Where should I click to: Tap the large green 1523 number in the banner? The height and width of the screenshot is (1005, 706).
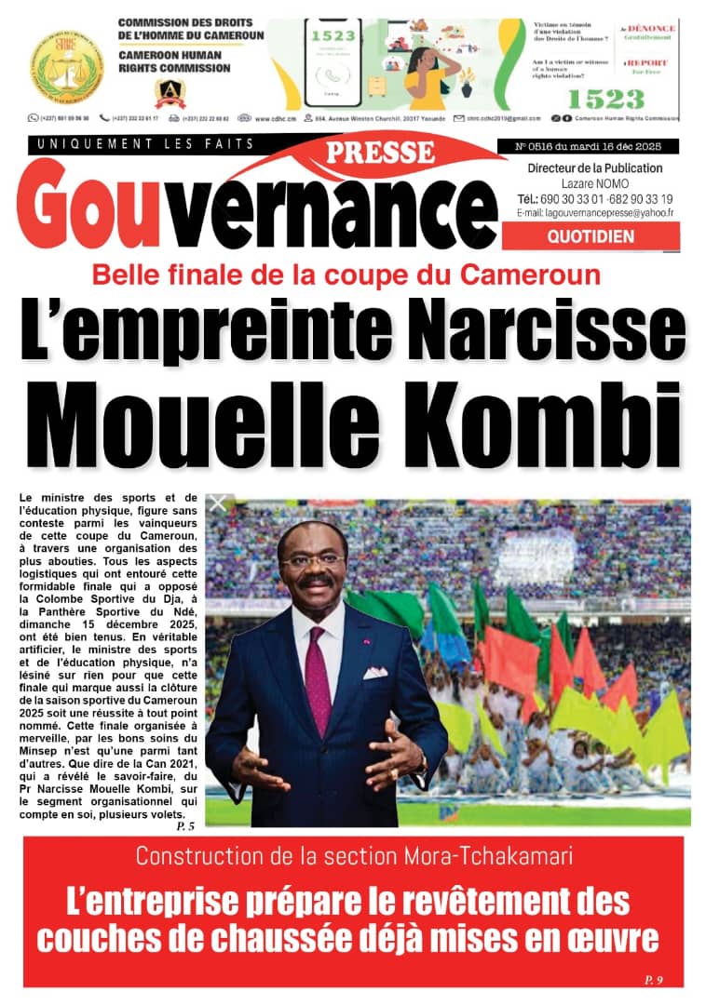click(x=605, y=99)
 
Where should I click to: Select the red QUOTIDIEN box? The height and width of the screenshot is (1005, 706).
click(x=591, y=236)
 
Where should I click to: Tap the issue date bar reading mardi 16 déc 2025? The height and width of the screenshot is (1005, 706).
click(x=596, y=147)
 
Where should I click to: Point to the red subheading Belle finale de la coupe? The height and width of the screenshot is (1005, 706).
click(x=346, y=275)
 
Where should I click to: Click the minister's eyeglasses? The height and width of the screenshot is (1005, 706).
click(x=313, y=561)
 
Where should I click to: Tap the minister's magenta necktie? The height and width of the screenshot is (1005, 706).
click(x=319, y=670)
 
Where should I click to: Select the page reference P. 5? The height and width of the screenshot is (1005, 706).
click(x=185, y=826)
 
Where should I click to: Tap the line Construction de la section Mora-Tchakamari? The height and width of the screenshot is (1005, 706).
click(x=352, y=856)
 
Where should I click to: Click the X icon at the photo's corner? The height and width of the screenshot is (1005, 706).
click(x=217, y=503)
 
